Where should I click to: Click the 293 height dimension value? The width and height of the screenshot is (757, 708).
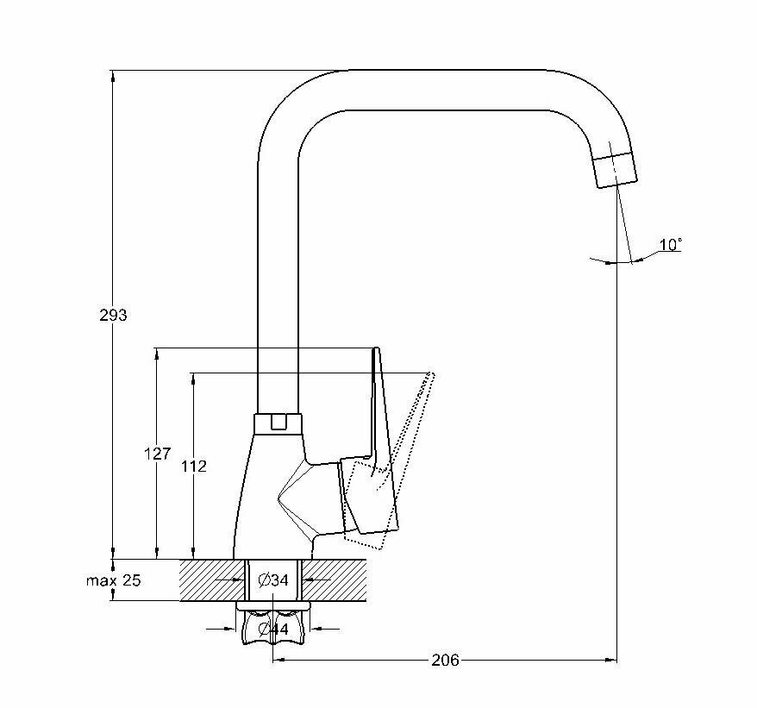[112, 316]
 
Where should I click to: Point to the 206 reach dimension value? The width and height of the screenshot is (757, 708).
[445, 661]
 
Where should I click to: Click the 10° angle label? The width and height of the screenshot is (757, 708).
[670, 245]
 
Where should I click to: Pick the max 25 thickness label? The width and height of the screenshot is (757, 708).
[112, 580]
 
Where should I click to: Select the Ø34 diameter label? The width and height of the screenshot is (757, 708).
[273, 580]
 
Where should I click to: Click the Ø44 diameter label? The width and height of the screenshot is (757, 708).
[273, 630]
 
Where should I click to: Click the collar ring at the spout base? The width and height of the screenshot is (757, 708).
[278, 423]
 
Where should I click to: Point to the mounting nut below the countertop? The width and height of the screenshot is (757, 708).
[272, 628]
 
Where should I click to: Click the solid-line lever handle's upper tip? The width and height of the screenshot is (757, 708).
[375, 352]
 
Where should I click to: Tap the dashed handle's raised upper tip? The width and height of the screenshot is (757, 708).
[431, 377]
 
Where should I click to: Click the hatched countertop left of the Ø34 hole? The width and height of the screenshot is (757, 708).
[211, 580]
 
